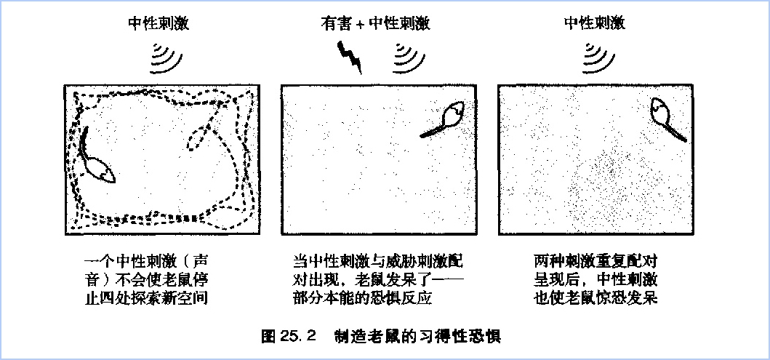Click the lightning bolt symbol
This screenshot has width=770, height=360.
pos(350,57)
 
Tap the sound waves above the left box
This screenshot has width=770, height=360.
pos(166,58)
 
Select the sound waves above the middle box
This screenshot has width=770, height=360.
pos(409,58)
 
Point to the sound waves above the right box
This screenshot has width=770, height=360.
pos(598,58)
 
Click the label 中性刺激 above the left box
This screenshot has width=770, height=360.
pos(159,23)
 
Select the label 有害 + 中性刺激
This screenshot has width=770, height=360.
pos(376,23)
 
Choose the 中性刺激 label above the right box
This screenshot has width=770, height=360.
pos(595,23)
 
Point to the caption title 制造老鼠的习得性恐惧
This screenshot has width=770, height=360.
pos(417,337)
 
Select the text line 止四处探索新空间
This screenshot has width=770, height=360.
pos(146,298)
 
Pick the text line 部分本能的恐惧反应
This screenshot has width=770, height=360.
pos(362,298)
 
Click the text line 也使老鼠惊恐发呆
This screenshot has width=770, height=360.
pos(595,298)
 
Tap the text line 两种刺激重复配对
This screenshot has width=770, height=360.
pos(595,260)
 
